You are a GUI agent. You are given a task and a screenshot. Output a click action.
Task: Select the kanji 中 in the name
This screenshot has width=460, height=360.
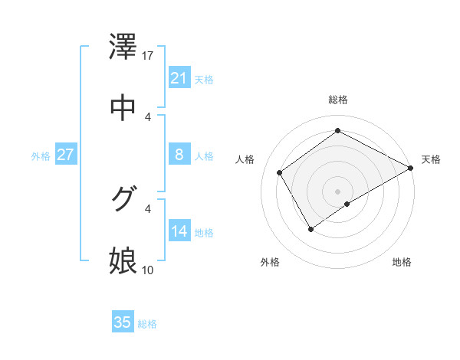coord(124,107)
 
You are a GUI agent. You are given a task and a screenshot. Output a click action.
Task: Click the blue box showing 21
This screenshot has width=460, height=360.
coord(179,78)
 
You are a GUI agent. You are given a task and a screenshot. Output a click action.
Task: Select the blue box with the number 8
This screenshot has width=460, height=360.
coord(179,155)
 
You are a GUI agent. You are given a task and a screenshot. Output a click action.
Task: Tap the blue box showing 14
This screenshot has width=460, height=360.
coord(179,231)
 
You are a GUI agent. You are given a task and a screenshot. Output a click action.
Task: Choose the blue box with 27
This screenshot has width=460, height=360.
coord(65,155)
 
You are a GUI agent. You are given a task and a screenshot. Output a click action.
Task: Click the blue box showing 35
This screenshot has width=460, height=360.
coord(123,322)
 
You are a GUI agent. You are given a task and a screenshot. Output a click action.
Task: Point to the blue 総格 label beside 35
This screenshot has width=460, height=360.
coord(147,324)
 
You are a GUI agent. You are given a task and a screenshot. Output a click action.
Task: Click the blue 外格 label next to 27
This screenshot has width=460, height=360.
coord(41,156)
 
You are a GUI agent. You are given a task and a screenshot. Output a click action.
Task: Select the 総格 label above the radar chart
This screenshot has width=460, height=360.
coord(337,100)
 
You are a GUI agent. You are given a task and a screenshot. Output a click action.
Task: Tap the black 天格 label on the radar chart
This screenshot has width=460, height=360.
coord(431,159)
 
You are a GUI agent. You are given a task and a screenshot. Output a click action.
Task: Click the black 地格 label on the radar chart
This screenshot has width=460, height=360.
coord(402,262)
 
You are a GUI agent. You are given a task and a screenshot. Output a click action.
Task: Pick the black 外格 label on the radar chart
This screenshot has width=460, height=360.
coord(270,262)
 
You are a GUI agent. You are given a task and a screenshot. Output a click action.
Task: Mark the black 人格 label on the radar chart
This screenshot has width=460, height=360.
coord(245,159)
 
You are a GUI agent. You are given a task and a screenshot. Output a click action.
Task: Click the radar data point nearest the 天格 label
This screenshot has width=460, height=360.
coord(411,168)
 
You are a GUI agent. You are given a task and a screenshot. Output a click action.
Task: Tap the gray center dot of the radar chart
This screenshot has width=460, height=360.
coord(337,191)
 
